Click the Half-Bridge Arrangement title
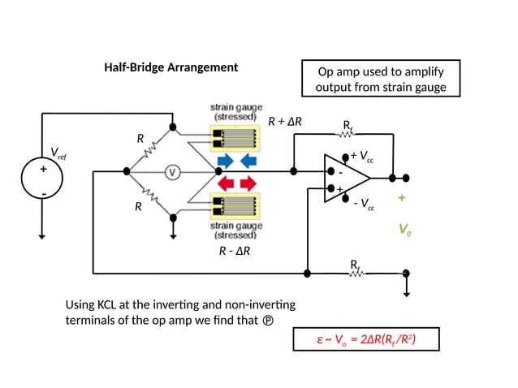point(171,67)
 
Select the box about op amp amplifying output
point(380,79)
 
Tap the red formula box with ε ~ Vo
point(365,339)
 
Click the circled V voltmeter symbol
point(172,171)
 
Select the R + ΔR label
point(285,122)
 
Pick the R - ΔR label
point(235,251)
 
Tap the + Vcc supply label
point(361,157)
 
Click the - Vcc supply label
point(363,204)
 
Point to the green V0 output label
point(404,231)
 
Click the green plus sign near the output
point(401,198)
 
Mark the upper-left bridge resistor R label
point(140,138)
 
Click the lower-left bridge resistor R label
point(138,208)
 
